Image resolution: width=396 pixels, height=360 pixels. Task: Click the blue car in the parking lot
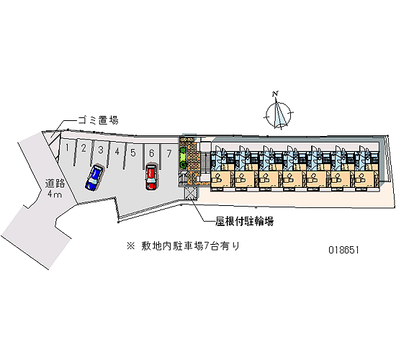[x=94, y=178]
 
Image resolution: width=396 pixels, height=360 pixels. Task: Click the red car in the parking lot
[x=151, y=177]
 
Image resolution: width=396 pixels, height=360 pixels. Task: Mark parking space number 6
[x=151, y=153]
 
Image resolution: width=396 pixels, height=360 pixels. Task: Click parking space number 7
[x=169, y=153]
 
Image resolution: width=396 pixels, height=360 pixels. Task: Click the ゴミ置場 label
[x=98, y=120]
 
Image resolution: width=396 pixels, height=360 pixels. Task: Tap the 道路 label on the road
[x=55, y=184]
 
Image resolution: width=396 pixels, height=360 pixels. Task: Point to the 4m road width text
[x=55, y=194]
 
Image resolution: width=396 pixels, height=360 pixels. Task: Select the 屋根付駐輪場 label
[x=245, y=222]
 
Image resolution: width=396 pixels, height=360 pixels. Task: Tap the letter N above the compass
[x=275, y=94]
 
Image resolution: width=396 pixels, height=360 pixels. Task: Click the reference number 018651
[x=343, y=250]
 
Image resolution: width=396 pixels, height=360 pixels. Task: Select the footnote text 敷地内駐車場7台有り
[x=190, y=246]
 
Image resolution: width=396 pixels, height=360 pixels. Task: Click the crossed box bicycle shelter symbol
[x=189, y=194]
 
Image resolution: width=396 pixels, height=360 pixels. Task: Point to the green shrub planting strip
[x=183, y=158]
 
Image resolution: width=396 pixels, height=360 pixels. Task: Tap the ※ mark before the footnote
[x=131, y=246]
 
